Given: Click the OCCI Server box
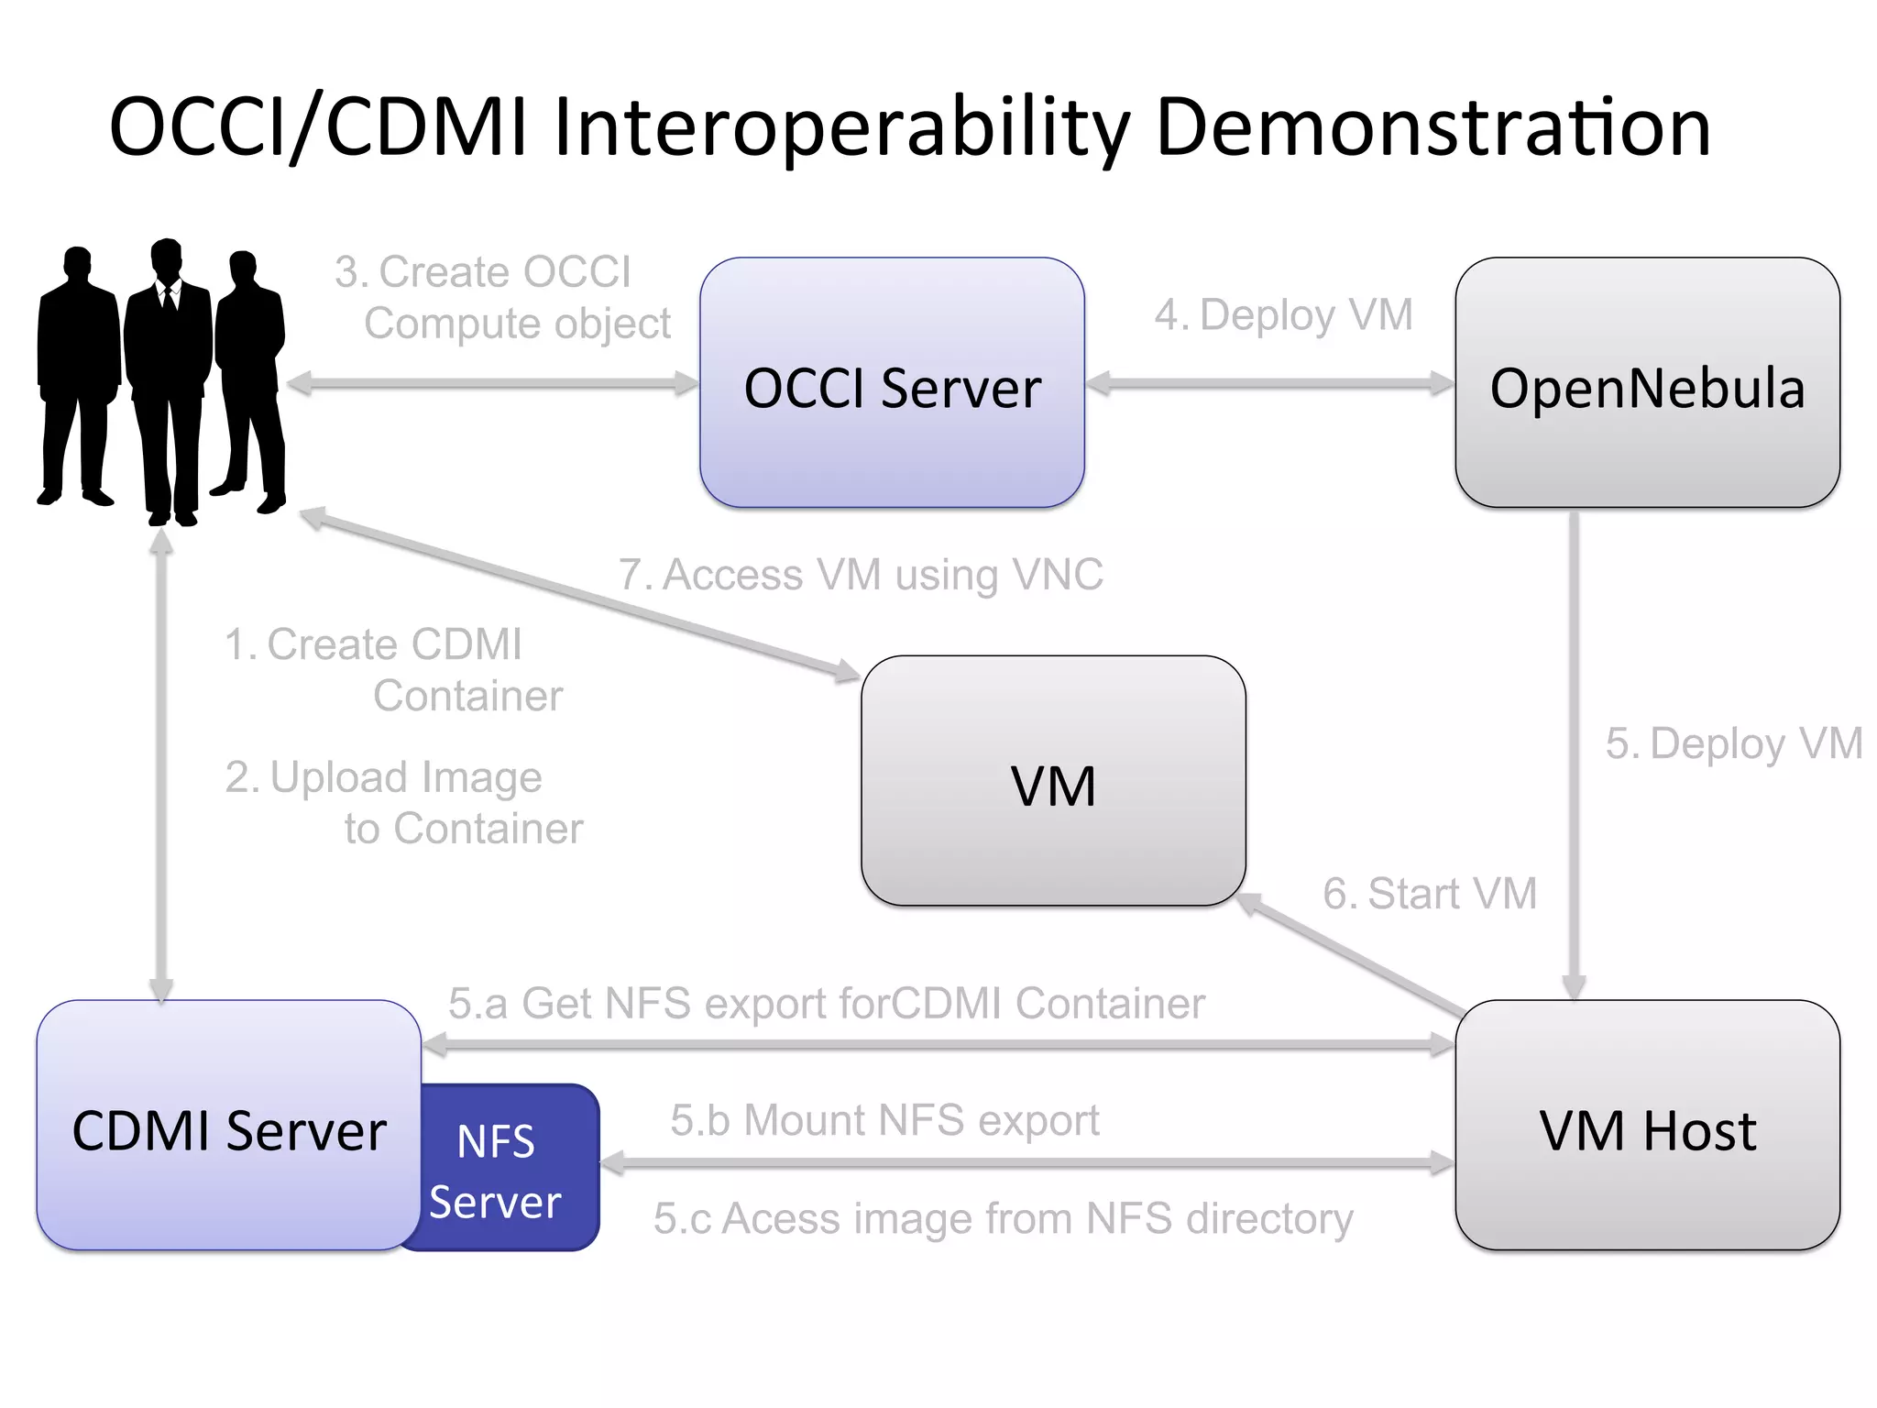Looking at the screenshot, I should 892,383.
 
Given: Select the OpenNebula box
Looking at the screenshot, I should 1647,383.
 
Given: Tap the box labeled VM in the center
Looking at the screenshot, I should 1053,781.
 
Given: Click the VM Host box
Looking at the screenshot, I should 1647,1126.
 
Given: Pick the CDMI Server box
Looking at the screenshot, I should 228,1126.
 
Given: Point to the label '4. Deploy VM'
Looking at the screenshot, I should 1283,315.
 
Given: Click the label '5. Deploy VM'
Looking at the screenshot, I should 1733,743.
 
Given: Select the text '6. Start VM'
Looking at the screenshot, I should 1429,893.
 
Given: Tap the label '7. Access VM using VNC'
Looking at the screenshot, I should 861,576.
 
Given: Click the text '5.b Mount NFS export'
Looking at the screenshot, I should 884,1120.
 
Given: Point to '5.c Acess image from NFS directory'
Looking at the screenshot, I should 1003,1219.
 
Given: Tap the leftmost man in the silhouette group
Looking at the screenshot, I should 78,376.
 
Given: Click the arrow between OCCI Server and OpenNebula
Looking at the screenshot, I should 1269,383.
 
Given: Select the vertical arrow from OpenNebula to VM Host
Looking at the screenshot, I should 1574,752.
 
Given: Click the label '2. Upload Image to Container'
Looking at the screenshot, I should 403,802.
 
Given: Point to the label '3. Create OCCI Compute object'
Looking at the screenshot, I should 502,298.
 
